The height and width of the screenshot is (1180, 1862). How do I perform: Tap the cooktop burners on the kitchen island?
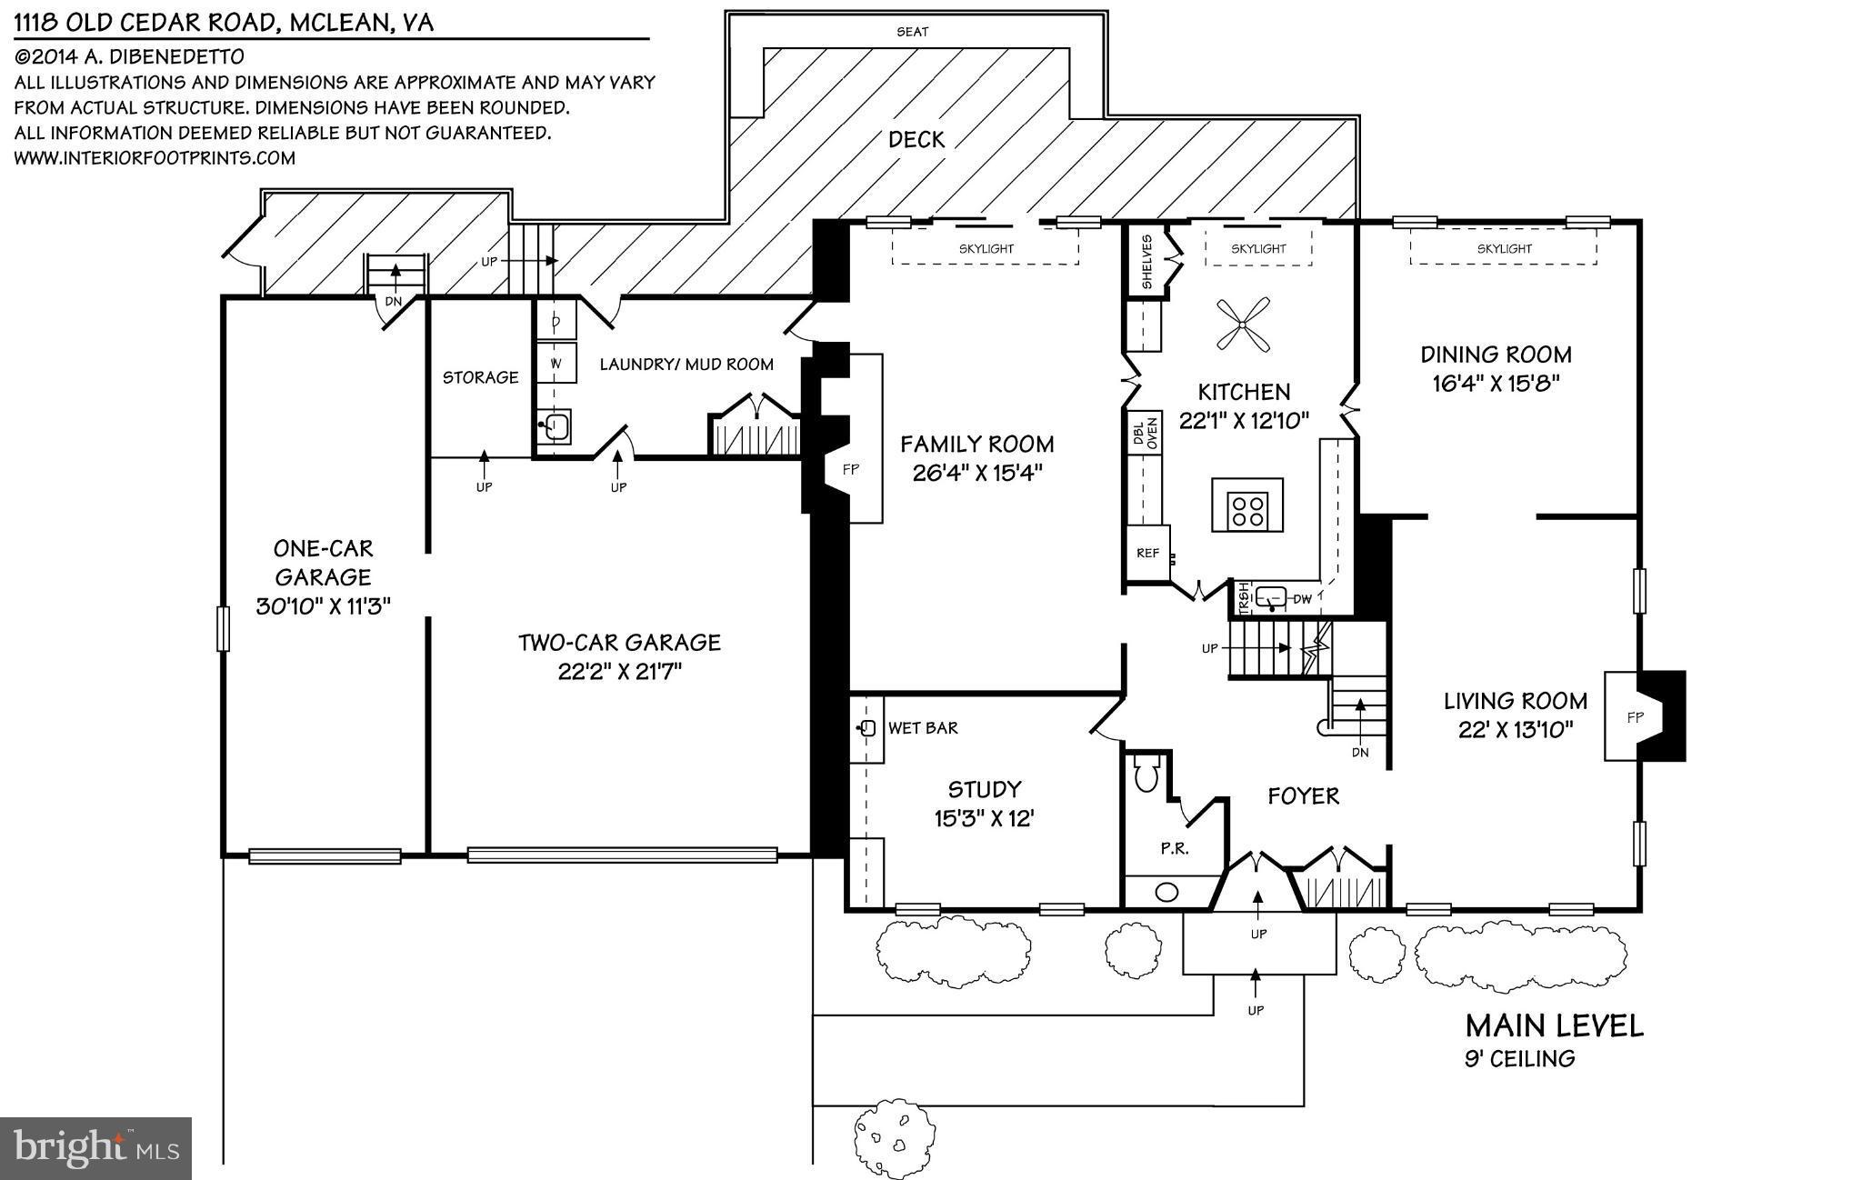point(1246,508)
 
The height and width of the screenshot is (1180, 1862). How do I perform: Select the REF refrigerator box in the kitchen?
point(1147,553)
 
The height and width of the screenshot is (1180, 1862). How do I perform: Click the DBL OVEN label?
point(1145,434)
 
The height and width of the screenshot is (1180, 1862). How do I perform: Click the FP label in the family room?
point(850,470)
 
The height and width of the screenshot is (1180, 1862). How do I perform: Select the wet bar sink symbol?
point(866,728)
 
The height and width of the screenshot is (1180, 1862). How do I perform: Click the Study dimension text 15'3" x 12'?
point(984,818)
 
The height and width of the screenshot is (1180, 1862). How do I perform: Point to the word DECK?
point(916,139)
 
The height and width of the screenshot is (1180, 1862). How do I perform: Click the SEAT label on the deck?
point(913,32)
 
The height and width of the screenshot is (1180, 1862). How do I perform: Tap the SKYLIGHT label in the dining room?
point(1504,248)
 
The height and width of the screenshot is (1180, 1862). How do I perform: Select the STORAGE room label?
point(480,377)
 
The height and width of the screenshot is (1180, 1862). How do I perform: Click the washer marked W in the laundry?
point(556,364)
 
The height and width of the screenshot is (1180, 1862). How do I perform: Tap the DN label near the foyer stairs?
point(1359,752)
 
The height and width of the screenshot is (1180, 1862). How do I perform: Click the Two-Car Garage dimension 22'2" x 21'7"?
point(619,672)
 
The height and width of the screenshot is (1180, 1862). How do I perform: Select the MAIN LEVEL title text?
point(1554,1026)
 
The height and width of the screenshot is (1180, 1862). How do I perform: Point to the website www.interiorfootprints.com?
point(155,158)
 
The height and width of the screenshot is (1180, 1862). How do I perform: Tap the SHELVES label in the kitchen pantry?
point(1146,262)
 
